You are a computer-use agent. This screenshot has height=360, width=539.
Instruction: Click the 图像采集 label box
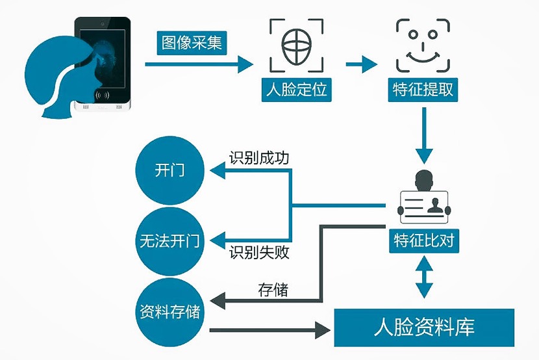192,43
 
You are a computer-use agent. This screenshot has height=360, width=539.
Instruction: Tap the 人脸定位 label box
297,89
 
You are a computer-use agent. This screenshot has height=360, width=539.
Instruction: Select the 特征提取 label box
424,89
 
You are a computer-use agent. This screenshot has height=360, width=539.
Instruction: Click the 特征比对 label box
424,241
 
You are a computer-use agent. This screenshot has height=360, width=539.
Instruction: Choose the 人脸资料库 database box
423,328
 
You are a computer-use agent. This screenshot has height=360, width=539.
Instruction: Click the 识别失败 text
258,252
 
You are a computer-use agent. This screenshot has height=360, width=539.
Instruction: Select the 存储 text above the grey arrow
273,289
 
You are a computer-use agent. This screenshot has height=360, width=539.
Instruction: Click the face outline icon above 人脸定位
296,46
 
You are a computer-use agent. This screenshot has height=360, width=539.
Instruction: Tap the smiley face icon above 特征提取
424,46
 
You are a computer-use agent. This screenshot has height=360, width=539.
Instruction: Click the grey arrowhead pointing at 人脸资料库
322,331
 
